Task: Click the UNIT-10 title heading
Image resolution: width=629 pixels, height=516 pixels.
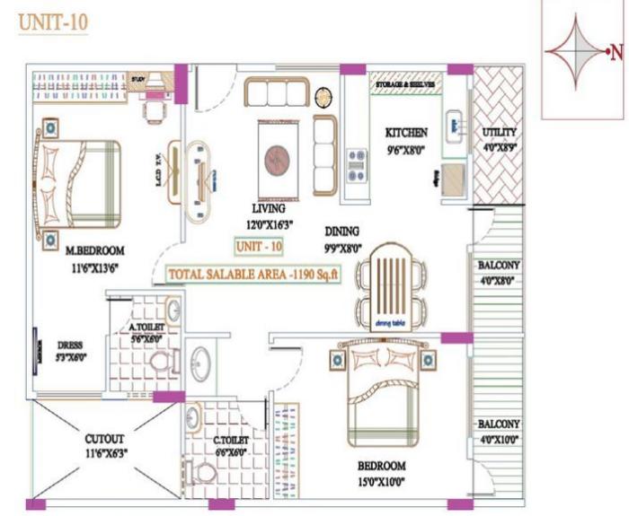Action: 53,22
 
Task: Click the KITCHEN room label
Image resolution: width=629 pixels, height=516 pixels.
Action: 400,131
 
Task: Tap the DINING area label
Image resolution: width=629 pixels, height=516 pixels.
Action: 342,231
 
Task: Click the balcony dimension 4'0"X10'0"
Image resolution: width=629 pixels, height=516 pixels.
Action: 501,439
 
